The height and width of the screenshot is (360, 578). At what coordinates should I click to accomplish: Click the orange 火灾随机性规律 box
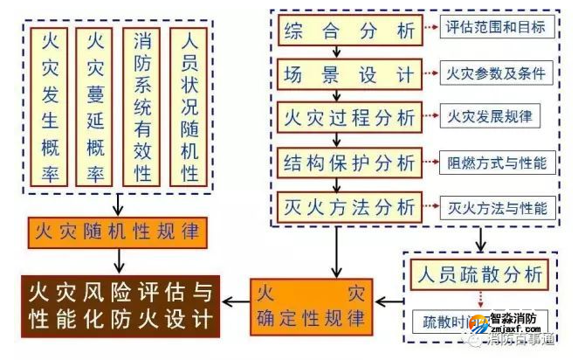[118, 233]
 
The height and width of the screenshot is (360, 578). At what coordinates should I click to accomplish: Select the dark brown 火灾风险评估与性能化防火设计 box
[118, 303]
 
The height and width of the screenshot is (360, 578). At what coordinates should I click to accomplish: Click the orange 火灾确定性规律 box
[308, 303]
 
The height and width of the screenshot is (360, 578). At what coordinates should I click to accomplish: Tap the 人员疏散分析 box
[478, 273]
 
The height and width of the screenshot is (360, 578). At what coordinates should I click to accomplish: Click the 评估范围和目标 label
[495, 28]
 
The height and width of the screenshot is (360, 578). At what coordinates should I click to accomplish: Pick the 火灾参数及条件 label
[495, 73]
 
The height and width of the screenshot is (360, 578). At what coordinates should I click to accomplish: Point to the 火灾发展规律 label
[490, 115]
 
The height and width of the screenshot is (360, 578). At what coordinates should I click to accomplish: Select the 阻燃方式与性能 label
[495, 162]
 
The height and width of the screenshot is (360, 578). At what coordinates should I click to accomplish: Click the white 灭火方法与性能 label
[495, 208]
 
